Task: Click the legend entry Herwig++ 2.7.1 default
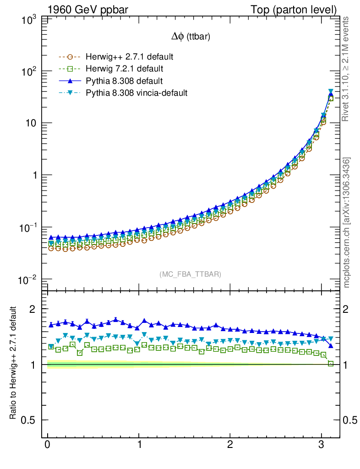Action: tap(129, 57)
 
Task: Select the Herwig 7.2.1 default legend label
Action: tap(125, 69)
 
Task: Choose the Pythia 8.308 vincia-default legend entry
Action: tap(136, 93)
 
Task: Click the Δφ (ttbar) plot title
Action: tap(191, 38)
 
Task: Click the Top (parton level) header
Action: tap(300, 9)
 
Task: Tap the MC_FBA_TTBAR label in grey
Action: tap(191, 274)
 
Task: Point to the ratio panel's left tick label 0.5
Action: tap(28, 420)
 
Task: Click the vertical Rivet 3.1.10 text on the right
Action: tap(346, 69)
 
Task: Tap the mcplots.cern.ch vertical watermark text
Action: tap(347, 223)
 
